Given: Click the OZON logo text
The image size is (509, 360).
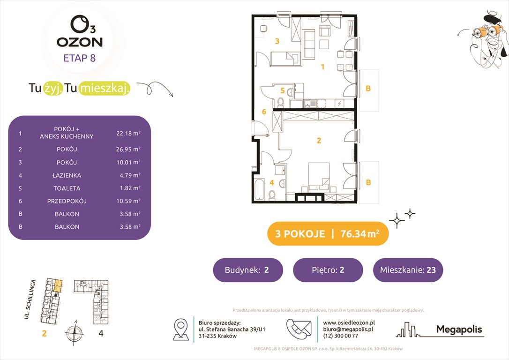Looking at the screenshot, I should [x=80, y=42].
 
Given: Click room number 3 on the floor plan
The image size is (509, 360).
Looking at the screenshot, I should [x=277, y=41].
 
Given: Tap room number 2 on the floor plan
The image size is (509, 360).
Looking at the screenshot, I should [x=319, y=140].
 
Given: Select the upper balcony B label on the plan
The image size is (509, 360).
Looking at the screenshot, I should [x=368, y=88].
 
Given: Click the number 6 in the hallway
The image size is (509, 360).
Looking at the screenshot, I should [x=264, y=112].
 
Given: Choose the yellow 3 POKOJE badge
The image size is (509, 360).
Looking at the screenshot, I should [x=328, y=233].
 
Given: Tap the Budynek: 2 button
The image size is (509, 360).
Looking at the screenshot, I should [x=248, y=270].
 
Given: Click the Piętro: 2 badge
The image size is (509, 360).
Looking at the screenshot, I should [x=328, y=270].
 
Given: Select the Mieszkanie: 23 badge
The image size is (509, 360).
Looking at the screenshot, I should [x=408, y=270].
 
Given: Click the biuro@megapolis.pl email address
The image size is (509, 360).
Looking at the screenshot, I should [x=347, y=330].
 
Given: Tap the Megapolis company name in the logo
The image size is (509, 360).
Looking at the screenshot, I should [x=459, y=330].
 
